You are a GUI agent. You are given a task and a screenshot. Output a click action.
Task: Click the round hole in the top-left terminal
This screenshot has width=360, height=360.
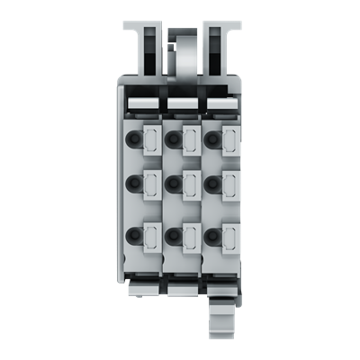coord(134,139)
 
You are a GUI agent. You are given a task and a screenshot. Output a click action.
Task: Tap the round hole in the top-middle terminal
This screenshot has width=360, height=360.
coord(172,139)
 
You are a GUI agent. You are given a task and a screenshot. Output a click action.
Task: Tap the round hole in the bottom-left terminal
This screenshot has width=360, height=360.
coord(134,236)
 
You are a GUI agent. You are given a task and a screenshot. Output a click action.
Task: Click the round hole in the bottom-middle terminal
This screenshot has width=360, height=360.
coord(172,236)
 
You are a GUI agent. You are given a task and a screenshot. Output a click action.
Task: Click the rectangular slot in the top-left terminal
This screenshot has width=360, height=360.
coord(150,139)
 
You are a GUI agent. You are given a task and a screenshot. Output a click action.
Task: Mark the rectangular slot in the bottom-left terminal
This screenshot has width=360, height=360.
coord(150,236)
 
